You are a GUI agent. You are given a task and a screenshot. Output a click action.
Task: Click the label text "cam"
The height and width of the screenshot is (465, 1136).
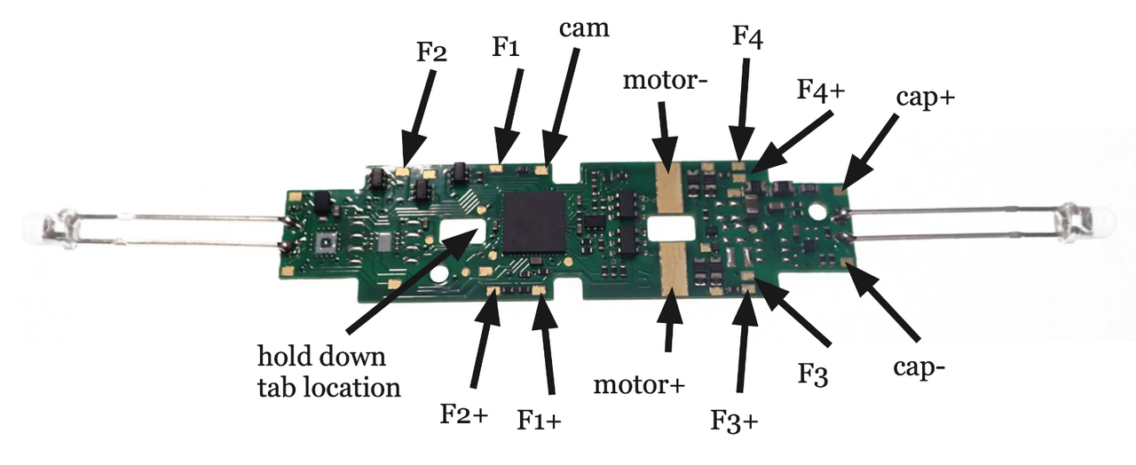[584, 29]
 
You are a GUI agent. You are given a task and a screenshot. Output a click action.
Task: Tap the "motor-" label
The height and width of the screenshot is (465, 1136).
[665, 80]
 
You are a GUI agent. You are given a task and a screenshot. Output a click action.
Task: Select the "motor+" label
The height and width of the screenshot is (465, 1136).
[639, 385]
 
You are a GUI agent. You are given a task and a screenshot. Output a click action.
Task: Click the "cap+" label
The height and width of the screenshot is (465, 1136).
[926, 97]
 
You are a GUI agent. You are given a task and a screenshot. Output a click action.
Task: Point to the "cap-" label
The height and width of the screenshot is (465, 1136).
[919, 367]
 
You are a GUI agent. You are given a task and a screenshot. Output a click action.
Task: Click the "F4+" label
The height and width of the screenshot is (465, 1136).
[821, 90]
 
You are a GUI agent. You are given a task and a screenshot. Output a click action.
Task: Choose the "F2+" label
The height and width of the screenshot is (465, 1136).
[463, 414]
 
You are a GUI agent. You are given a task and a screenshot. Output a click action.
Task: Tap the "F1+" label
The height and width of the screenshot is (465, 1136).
[539, 420]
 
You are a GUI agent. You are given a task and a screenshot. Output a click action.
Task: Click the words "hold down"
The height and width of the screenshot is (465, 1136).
[321, 357]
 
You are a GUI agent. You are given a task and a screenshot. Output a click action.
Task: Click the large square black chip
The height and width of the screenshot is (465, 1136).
[534, 222]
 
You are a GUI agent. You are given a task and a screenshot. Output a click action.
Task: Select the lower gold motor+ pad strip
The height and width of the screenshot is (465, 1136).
[674, 269]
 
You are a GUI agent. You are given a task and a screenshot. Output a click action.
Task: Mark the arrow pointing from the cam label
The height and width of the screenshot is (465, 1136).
[560, 106]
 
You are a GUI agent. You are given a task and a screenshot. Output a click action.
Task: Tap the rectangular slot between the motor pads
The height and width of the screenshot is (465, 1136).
[671, 229]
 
